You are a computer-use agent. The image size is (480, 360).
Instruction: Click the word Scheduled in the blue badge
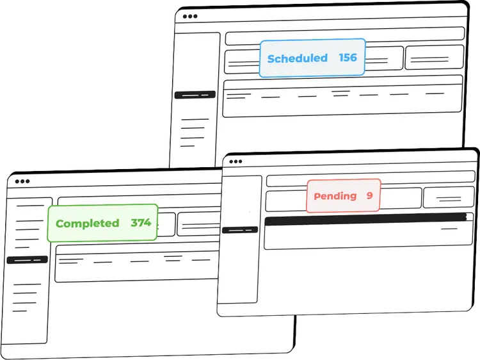(x=297, y=58)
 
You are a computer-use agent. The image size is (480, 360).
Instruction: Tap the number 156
(x=348, y=58)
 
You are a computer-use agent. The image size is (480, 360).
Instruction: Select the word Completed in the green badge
(x=87, y=224)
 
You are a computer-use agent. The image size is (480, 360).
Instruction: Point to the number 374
(x=141, y=223)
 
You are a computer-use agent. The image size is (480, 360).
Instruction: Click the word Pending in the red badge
(x=335, y=196)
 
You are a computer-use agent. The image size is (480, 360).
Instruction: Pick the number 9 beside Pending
(x=369, y=195)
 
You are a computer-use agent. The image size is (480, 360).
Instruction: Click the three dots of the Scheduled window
(x=190, y=17)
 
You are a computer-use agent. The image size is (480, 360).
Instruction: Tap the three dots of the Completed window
(x=22, y=181)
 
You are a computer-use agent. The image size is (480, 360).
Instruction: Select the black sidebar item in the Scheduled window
(x=195, y=95)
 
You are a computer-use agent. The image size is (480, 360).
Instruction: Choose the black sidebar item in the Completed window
(x=27, y=260)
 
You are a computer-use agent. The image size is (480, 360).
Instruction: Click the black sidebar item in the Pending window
(x=239, y=229)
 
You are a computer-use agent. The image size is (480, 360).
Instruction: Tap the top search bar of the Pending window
(x=371, y=179)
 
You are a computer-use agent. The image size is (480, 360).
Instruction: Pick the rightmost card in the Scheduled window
(x=435, y=58)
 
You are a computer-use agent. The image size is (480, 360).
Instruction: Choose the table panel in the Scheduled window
(x=342, y=96)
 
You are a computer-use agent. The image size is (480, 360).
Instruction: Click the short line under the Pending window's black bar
(x=449, y=227)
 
